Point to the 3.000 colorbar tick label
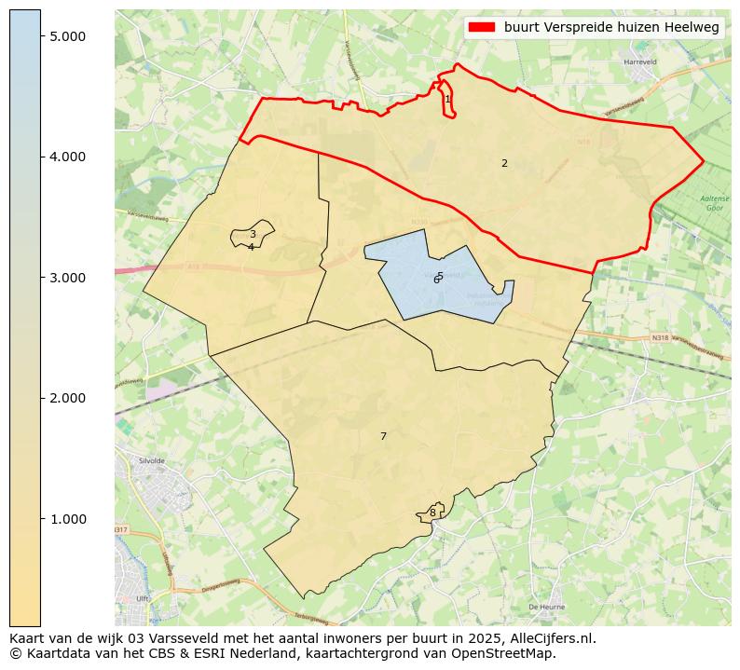click(x=67, y=278)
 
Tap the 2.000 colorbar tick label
click(x=67, y=398)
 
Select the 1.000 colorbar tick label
click(x=67, y=519)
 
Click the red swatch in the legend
click(x=483, y=28)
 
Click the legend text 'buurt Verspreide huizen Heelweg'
click(x=611, y=28)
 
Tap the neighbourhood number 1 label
click(x=447, y=99)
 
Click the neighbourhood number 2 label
click(x=504, y=163)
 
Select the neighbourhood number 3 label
click(x=253, y=235)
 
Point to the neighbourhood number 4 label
click(x=251, y=247)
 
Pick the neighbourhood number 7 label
click(x=383, y=436)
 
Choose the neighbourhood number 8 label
click(x=432, y=513)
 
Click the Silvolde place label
click(x=150, y=461)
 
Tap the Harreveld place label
click(x=640, y=62)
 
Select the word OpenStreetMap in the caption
click(x=508, y=653)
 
